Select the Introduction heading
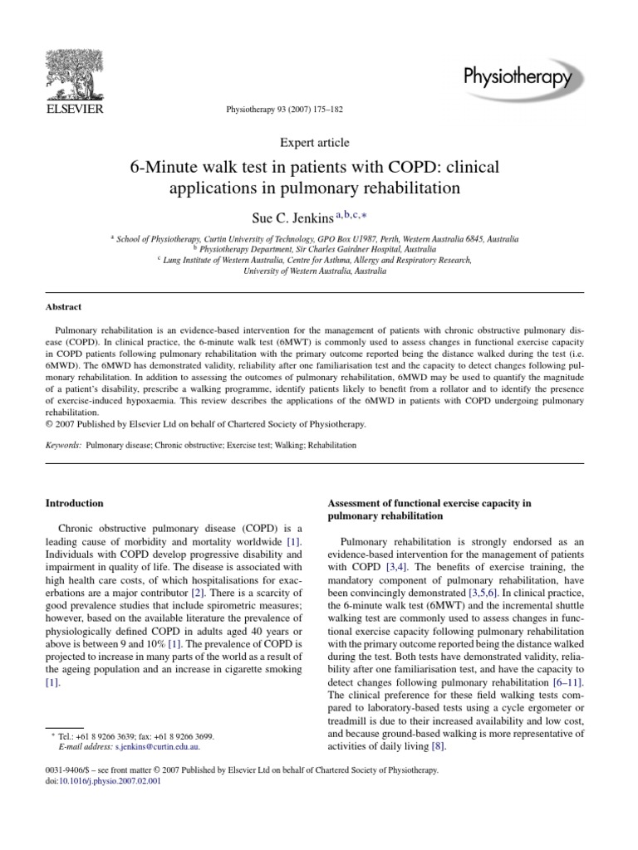[74, 503]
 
